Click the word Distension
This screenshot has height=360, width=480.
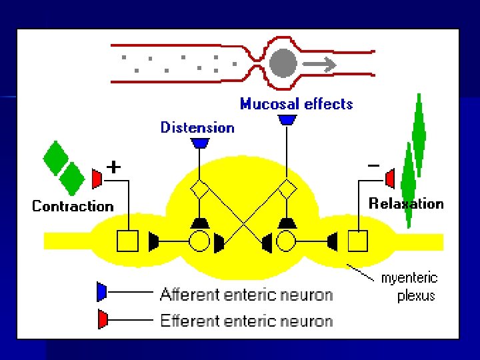(x=197, y=127)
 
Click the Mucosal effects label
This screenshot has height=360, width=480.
(x=296, y=104)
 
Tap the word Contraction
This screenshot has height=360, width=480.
(x=73, y=206)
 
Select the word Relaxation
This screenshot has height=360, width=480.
(x=406, y=203)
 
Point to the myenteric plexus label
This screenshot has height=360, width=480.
(x=409, y=287)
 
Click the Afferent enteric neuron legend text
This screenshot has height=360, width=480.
(x=246, y=294)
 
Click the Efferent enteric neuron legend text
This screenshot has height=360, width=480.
(x=246, y=321)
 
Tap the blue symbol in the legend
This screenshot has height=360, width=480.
(x=101, y=292)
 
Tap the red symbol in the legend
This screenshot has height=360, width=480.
(x=101, y=319)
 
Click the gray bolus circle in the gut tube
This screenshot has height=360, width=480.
(x=283, y=64)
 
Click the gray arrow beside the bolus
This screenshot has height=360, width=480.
(x=321, y=65)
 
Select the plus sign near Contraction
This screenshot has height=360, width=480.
(x=114, y=167)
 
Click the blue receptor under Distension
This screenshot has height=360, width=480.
(x=200, y=143)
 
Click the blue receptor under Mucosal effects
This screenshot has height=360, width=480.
(x=287, y=120)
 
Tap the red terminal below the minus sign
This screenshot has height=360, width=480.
(x=390, y=179)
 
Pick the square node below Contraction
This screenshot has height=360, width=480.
(x=127, y=241)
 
